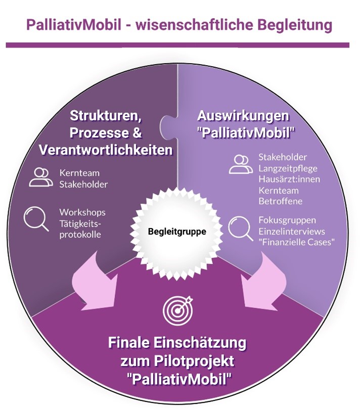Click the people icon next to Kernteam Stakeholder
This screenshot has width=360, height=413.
(x=39, y=176)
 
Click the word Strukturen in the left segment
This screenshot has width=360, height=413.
(x=105, y=115)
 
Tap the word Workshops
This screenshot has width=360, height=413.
(x=82, y=212)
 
